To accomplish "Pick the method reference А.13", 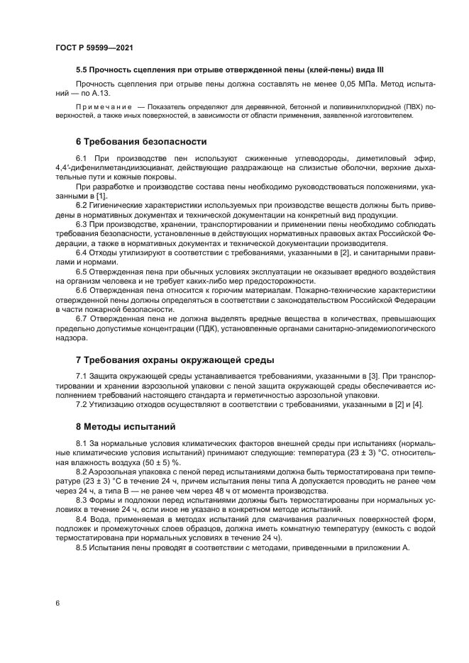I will coord(111,93).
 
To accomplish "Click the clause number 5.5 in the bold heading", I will coord(82,69).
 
